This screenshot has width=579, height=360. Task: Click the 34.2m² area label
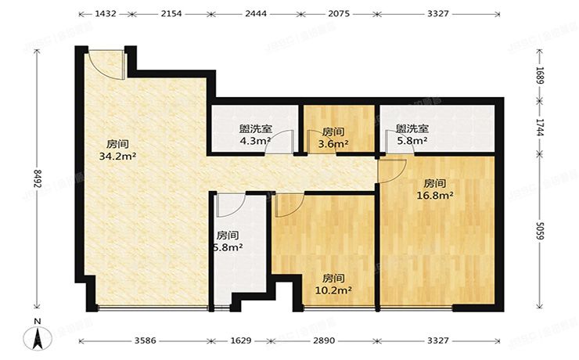[119, 157]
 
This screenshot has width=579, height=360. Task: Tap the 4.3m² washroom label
[255, 142]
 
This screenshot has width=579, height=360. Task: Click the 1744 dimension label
[540, 128]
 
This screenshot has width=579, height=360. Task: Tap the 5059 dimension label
[540, 232]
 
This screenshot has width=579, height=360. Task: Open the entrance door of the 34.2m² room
[105, 63]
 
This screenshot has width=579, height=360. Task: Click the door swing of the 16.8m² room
[391, 168]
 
